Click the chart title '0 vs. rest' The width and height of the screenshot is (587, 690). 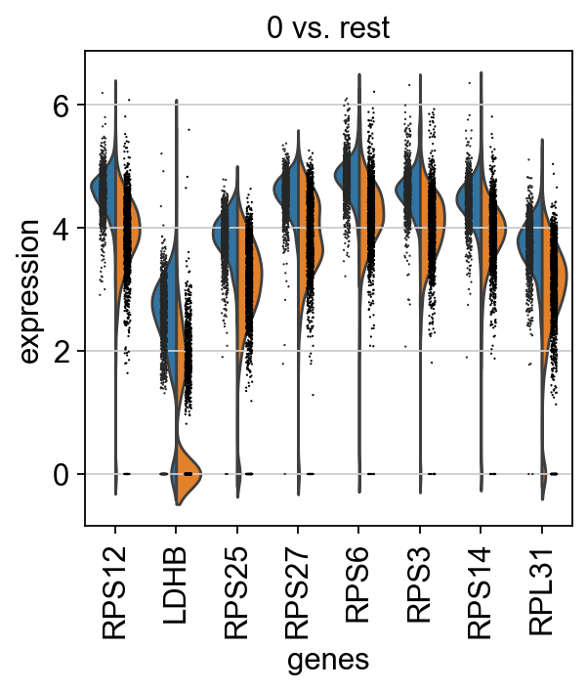[x=328, y=27]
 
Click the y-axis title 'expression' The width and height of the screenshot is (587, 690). [x=29, y=291]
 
